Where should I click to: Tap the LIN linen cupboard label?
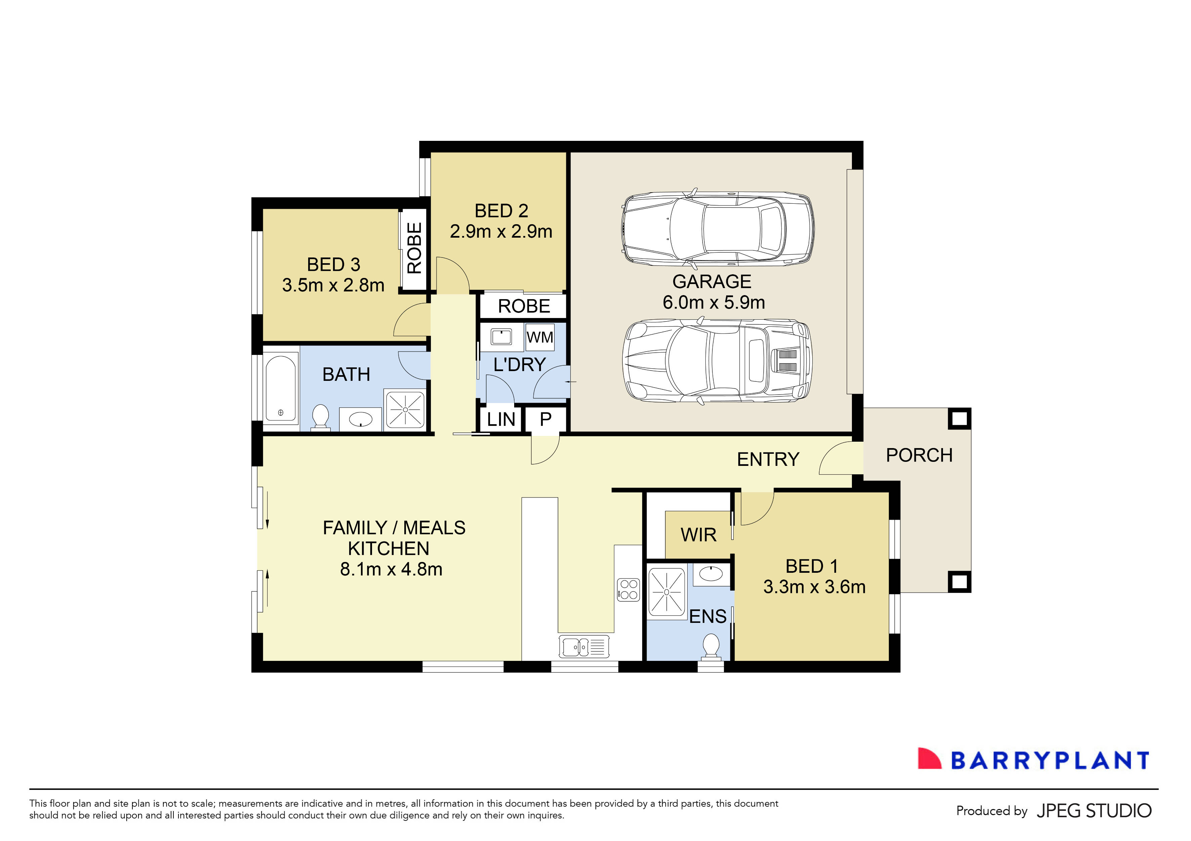tap(501, 419)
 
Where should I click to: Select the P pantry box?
tap(545, 419)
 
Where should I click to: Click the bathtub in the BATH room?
tap(281, 389)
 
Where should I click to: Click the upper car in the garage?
tap(717, 228)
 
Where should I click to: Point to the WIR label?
tap(698, 535)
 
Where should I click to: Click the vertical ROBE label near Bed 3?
tap(414, 248)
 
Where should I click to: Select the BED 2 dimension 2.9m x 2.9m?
tap(501, 231)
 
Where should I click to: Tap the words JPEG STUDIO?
tap(1094, 811)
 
